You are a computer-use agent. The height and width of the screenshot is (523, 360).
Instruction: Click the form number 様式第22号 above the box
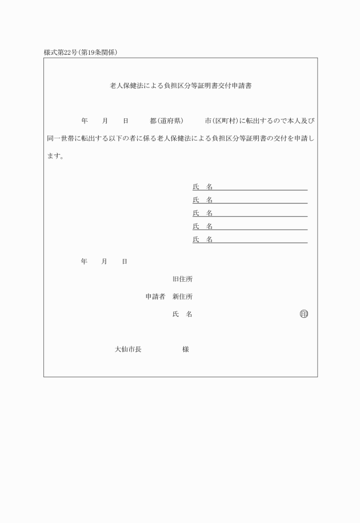60,53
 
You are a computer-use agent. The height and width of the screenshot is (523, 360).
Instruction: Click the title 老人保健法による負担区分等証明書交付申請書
181,86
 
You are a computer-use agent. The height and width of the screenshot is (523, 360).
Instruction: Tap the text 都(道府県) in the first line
166,121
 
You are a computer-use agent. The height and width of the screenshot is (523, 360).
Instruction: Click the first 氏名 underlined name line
250,186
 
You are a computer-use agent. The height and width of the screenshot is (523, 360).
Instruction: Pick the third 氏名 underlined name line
250,213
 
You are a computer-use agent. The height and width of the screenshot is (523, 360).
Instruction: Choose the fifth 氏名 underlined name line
250,239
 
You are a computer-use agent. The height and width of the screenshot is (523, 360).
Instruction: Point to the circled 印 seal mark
303,314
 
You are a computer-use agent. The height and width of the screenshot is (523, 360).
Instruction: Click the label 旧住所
182,280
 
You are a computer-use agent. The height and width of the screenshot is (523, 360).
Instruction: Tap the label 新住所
182,297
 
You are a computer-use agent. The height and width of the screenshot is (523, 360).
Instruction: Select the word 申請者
155,297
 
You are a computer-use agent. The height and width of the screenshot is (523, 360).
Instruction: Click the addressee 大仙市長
128,349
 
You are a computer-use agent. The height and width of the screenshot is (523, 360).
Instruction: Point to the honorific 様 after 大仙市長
186,349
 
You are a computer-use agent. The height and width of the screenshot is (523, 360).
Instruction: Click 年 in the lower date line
84,261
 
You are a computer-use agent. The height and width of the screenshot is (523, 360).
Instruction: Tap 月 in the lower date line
105,261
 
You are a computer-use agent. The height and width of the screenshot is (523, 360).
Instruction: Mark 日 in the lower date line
125,261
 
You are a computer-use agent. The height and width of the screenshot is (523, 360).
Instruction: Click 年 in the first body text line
85,121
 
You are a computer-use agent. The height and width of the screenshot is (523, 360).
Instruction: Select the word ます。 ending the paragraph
55,156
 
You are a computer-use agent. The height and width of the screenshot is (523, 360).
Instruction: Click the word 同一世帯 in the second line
61,138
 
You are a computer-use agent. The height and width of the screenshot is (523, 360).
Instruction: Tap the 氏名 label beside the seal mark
182,314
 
